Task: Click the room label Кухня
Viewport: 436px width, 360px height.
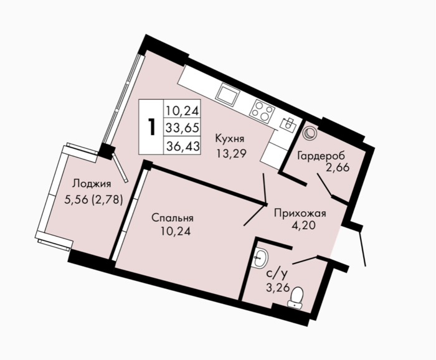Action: pos(230,139)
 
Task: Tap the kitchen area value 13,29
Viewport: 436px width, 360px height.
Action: pos(231,153)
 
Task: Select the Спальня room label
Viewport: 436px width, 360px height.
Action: pos(173,218)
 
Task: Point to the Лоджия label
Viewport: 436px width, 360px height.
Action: pos(92,184)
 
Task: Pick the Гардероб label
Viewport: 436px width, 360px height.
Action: pos(321,156)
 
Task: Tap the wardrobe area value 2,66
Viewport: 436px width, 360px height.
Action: pos(338,168)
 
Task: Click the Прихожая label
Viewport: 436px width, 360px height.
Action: pos(300,214)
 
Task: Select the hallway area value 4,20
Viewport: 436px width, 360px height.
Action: pos(303,225)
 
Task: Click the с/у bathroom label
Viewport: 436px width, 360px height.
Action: pos(277,274)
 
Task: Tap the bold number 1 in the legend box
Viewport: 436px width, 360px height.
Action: pos(151,127)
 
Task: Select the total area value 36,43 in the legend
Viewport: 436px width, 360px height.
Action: pos(182,146)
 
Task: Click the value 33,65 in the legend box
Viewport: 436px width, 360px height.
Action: pos(182,128)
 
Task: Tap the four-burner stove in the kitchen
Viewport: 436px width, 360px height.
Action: pos(262,111)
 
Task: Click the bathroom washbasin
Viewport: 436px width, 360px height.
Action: pos(260,258)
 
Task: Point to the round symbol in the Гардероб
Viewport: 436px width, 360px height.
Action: pos(310,133)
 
